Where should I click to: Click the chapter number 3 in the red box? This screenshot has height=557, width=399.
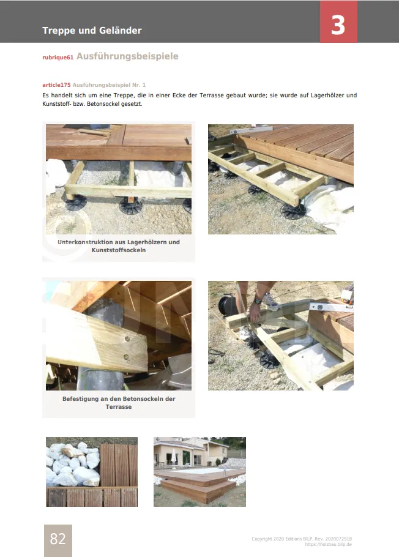click(x=338, y=25)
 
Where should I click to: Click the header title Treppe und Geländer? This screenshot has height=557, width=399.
click(x=92, y=31)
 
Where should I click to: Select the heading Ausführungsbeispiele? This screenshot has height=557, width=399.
click(x=127, y=56)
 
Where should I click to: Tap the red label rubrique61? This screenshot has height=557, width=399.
click(x=58, y=58)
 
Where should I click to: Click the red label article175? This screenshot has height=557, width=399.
click(x=56, y=85)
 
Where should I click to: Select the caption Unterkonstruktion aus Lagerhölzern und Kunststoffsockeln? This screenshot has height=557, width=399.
click(x=119, y=246)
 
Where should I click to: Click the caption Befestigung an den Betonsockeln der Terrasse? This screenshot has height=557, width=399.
click(x=119, y=403)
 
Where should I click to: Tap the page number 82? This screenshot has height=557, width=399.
click(x=58, y=539)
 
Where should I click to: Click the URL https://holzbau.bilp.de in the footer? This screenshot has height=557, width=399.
click(x=328, y=544)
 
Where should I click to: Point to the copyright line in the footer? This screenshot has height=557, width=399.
click(x=302, y=539)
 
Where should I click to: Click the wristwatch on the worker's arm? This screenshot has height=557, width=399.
click(x=258, y=302)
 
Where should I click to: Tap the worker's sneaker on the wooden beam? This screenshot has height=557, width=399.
click(x=271, y=302)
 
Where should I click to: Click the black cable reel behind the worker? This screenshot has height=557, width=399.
click(x=227, y=305)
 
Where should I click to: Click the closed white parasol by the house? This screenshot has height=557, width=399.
click(x=174, y=457)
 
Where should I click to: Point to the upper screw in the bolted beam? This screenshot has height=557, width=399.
click(x=127, y=339)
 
